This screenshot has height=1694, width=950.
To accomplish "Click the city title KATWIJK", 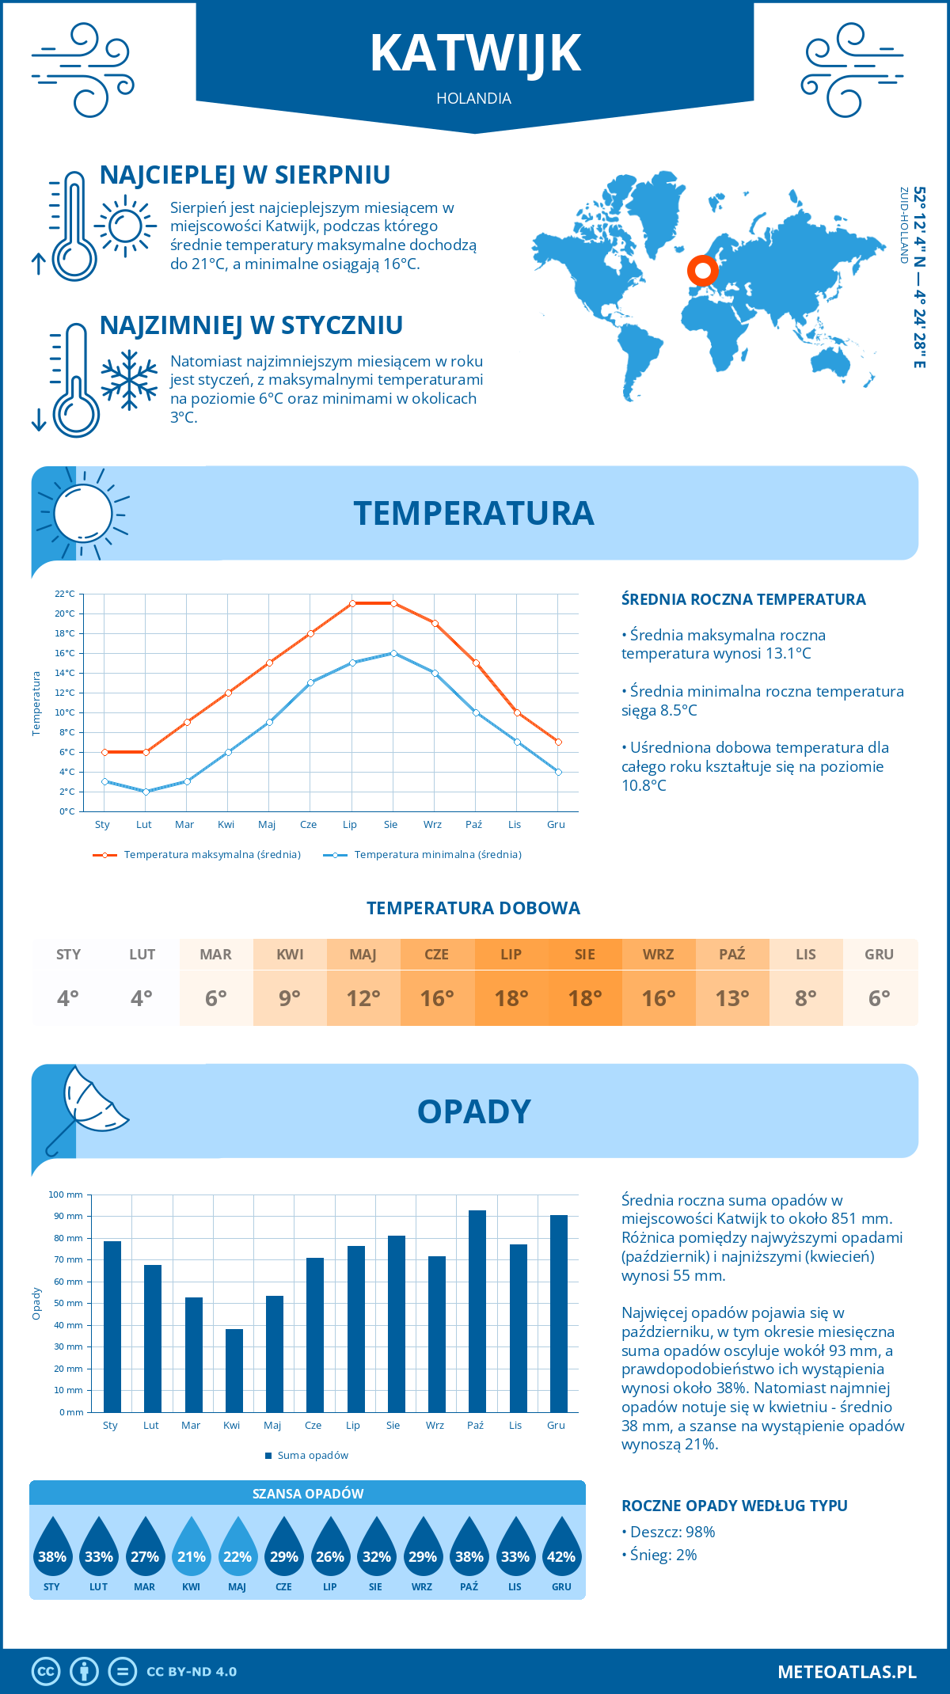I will [x=475, y=54].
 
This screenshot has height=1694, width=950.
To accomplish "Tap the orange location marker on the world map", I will [x=702, y=270].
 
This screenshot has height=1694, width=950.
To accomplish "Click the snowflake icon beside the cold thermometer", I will [x=129, y=380].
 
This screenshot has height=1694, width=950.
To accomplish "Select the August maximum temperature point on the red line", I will [x=393, y=603].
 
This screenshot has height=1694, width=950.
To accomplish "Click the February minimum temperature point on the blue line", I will [x=146, y=792].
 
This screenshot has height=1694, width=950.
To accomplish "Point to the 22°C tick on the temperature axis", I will [x=65, y=594].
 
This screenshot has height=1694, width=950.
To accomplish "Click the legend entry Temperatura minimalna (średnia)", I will [x=437, y=855].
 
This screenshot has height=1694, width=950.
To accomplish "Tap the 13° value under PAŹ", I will [x=732, y=998].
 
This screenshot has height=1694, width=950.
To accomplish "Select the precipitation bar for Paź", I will [x=477, y=1311].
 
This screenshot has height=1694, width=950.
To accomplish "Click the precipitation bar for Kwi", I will [x=234, y=1370].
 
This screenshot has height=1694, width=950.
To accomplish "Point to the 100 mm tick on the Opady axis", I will [x=66, y=1195].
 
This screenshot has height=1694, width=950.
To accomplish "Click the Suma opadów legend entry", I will [x=312, y=1455].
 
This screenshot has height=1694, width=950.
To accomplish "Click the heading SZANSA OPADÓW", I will [x=308, y=1494].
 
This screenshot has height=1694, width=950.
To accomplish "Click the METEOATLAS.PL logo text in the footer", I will [x=846, y=1671].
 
